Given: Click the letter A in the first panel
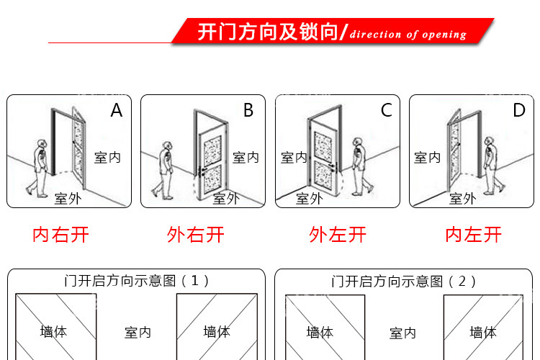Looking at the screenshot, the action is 117,110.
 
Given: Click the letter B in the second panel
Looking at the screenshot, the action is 248,110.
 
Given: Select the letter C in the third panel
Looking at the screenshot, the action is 387,110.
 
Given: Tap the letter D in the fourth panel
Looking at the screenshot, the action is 518,110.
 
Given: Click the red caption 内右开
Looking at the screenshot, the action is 61,234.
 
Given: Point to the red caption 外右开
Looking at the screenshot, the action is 196,234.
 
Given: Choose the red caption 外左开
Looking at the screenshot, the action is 338,234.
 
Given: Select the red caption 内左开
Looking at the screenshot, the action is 473,234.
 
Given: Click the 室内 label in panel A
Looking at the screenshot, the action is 108,158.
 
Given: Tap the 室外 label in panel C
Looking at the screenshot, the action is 310,198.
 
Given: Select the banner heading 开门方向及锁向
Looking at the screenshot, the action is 268,32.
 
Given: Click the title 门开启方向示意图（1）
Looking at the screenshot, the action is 137,281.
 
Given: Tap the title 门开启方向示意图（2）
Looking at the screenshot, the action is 404,281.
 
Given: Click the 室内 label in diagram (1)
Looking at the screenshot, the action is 138,332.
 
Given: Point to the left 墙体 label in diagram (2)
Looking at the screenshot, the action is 320,332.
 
